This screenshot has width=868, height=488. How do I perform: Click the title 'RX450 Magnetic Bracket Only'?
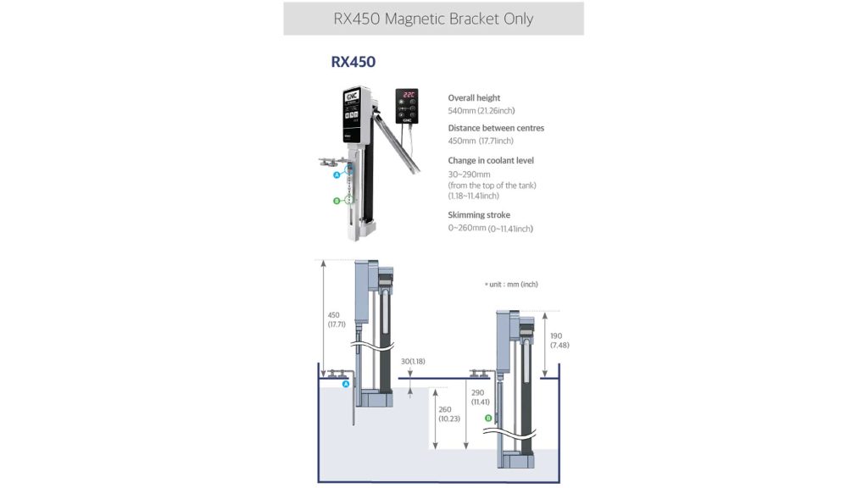click(x=433, y=19)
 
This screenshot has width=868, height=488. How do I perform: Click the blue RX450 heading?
click(x=353, y=62)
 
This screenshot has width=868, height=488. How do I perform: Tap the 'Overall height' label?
click(x=474, y=98)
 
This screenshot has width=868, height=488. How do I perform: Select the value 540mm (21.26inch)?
click(x=481, y=110)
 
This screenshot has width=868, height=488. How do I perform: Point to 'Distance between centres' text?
click(x=496, y=128)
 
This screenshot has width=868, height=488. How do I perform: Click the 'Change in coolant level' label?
click(x=491, y=160)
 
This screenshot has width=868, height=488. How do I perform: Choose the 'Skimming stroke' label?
click(x=479, y=215)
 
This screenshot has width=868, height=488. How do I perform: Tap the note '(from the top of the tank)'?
click(x=492, y=185)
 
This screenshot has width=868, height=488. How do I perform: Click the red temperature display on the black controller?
click(x=409, y=97)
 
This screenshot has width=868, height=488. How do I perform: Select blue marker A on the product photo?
click(x=337, y=175)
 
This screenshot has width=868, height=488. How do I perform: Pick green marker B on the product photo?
click(x=337, y=201)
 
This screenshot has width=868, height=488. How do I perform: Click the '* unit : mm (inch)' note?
click(x=511, y=285)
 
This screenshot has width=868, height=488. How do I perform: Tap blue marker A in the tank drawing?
click(x=346, y=385)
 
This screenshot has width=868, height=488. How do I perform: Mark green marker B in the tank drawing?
click(x=488, y=418)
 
